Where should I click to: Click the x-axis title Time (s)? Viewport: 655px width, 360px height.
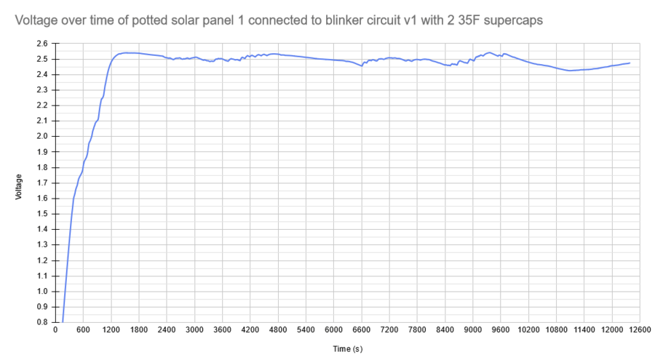tap(348, 349)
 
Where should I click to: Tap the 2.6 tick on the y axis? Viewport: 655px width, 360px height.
tap(42, 44)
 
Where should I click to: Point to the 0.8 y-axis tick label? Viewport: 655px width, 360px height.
tap(42, 322)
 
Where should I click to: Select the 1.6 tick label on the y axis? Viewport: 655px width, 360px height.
tap(42, 199)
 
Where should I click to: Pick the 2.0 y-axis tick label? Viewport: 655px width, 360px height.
tap(42, 137)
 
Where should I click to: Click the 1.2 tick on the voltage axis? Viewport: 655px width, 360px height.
tap(42, 260)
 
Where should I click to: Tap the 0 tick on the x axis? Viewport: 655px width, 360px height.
tap(55, 330)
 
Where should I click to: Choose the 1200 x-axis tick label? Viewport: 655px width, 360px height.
tap(111, 330)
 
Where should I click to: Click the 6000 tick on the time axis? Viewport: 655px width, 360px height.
tap(334, 330)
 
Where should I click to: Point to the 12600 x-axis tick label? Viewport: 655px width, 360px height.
tap(640, 330)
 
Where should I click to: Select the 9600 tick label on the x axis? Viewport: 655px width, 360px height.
tap(501, 330)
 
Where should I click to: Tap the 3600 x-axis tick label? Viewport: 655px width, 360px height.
tap(223, 330)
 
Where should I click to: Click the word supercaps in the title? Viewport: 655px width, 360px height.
tap(513, 20)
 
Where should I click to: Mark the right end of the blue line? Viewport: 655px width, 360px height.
tap(630, 63)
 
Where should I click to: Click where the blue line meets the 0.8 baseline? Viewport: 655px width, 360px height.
tap(63, 322)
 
